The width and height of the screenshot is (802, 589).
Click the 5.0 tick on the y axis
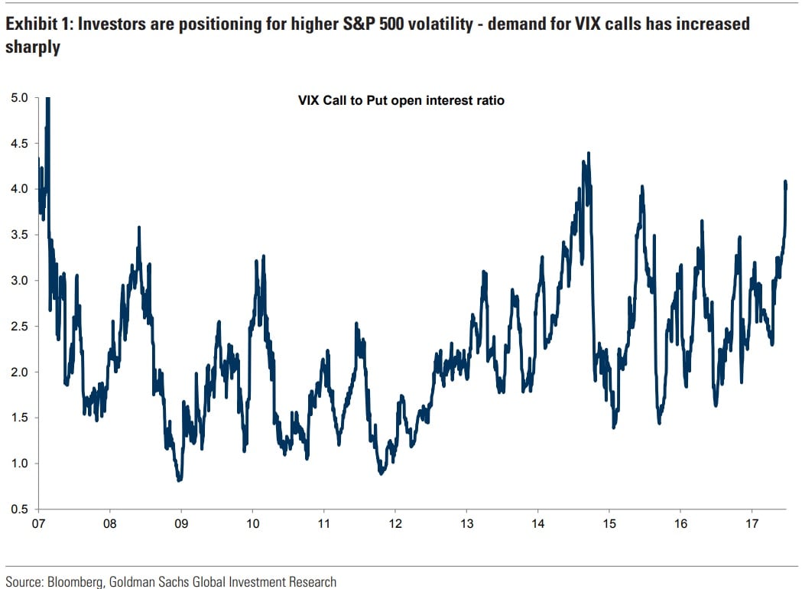[20, 98]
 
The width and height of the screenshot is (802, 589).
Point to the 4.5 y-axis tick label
[20, 143]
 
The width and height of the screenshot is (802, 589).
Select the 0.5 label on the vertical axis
[20, 509]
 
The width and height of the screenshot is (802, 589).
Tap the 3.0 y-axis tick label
[20, 281]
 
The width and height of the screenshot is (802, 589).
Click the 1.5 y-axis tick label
[20, 418]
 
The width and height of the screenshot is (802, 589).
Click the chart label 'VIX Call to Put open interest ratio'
[401, 100]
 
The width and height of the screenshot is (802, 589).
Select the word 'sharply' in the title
[33, 47]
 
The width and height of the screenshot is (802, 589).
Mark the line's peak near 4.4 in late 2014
[588, 154]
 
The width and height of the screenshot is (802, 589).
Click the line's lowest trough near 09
[179, 480]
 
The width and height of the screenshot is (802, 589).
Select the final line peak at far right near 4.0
[786, 182]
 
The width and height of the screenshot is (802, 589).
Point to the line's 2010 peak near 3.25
[264, 257]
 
